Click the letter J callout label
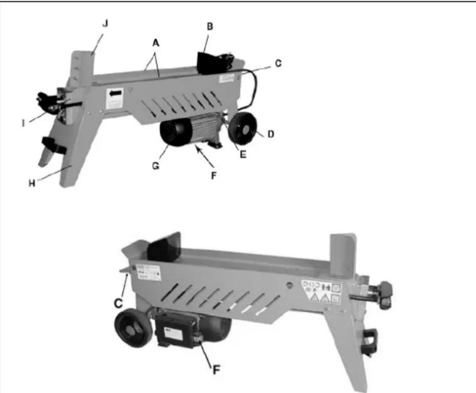pos(105,24)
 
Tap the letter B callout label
pos(209,28)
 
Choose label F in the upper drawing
pos(213,176)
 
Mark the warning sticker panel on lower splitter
pos(322,293)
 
